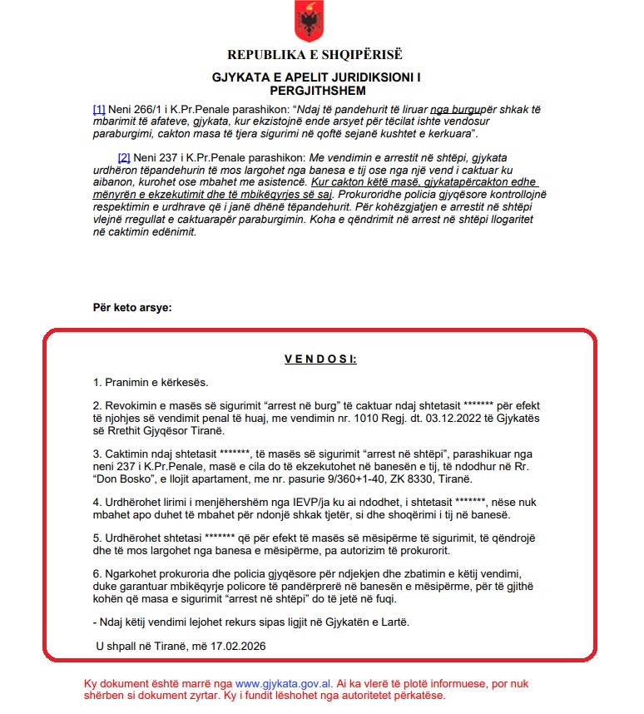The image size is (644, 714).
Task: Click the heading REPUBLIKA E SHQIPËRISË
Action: pos(315,55)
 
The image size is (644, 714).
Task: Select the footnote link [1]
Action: pos(99,109)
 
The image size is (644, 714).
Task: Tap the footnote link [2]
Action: pos(124,156)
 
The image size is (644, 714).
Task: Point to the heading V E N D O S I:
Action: pos(320,359)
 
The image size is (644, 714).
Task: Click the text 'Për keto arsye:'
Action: pos(132,308)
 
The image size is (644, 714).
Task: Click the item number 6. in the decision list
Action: pos(97,575)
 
